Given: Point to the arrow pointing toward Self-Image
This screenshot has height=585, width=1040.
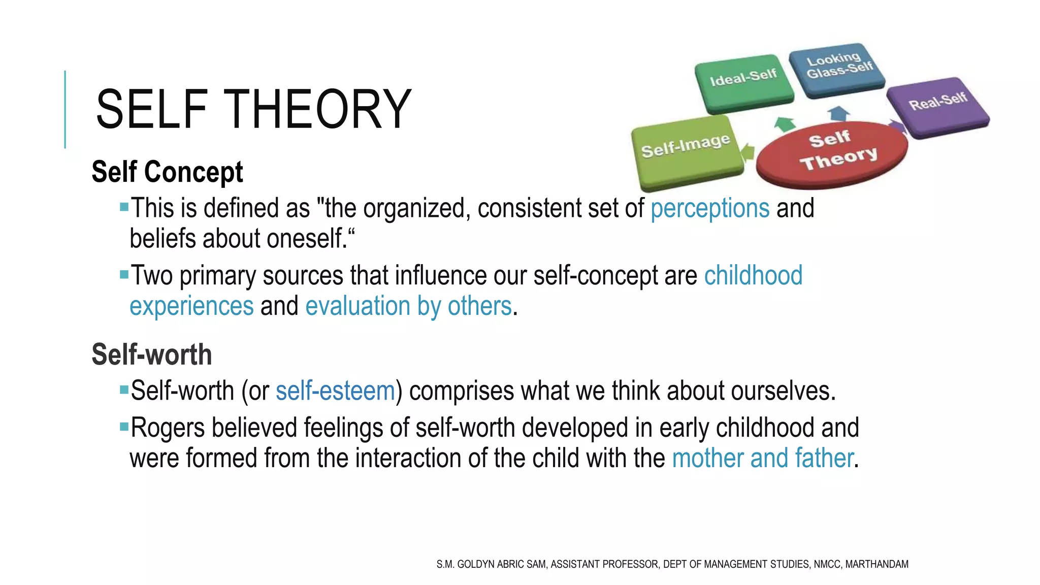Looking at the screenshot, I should coord(748,152).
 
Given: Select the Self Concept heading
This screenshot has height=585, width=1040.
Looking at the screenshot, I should coord(167,172).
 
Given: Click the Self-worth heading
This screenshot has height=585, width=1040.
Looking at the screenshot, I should coord(151,354).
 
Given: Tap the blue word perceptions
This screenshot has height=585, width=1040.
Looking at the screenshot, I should coord(709,208).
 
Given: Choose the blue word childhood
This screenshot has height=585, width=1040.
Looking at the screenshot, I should coord(753,275).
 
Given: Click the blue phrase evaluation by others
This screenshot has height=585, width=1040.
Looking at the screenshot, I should coord(408,306).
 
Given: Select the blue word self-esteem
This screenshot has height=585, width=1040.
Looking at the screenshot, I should coord(335,391).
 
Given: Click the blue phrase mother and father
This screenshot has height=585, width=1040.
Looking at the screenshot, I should coord(762,458).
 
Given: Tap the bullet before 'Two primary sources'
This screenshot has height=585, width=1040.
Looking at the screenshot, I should coord(124,275).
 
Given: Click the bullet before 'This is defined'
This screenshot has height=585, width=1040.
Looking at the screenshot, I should coord(124,207).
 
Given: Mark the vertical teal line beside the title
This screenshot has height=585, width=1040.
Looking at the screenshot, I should coord(65,109).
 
